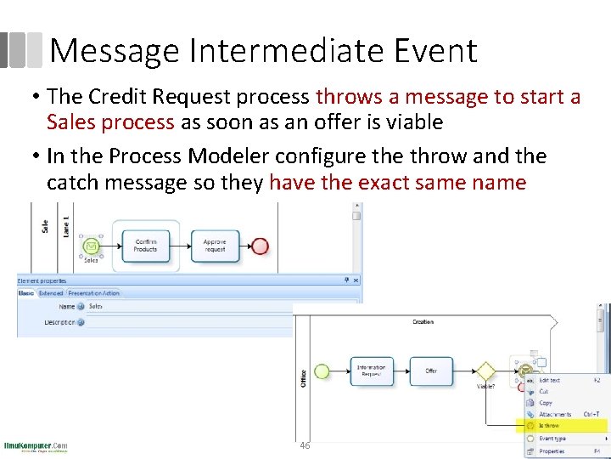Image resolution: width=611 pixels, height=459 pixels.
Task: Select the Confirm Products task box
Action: (145, 245)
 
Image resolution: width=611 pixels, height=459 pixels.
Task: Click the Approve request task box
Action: (215, 245)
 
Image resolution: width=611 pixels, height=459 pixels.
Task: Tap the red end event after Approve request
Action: (261, 246)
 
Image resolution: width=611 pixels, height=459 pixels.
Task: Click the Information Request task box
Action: (371, 371)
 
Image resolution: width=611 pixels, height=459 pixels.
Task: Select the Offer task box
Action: (431, 371)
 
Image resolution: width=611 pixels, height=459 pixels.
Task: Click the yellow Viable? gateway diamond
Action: (485, 371)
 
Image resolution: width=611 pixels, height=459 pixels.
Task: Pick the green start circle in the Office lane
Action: (322, 371)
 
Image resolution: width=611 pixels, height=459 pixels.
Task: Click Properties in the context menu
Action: (552, 451)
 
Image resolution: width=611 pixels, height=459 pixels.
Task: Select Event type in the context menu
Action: (553, 439)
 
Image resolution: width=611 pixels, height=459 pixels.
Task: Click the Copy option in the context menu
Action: (546, 403)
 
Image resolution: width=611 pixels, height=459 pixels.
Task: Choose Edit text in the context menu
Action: (550, 380)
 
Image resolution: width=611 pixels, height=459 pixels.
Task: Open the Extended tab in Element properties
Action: (51, 293)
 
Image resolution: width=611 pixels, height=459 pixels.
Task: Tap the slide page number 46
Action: (305, 445)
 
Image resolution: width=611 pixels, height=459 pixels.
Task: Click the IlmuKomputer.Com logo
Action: (36, 446)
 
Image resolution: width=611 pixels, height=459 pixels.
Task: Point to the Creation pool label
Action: (423, 322)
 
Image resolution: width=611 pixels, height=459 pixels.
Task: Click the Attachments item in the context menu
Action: (556, 415)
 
